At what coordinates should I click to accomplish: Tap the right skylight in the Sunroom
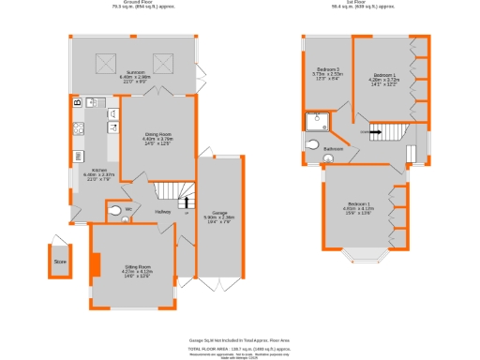point(166,64)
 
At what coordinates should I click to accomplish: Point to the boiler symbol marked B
point(76,101)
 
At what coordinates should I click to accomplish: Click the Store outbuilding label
point(60,262)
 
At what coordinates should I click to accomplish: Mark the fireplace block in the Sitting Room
point(94,265)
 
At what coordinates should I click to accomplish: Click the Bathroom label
point(333,149)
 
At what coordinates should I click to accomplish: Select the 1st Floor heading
point(359,4)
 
